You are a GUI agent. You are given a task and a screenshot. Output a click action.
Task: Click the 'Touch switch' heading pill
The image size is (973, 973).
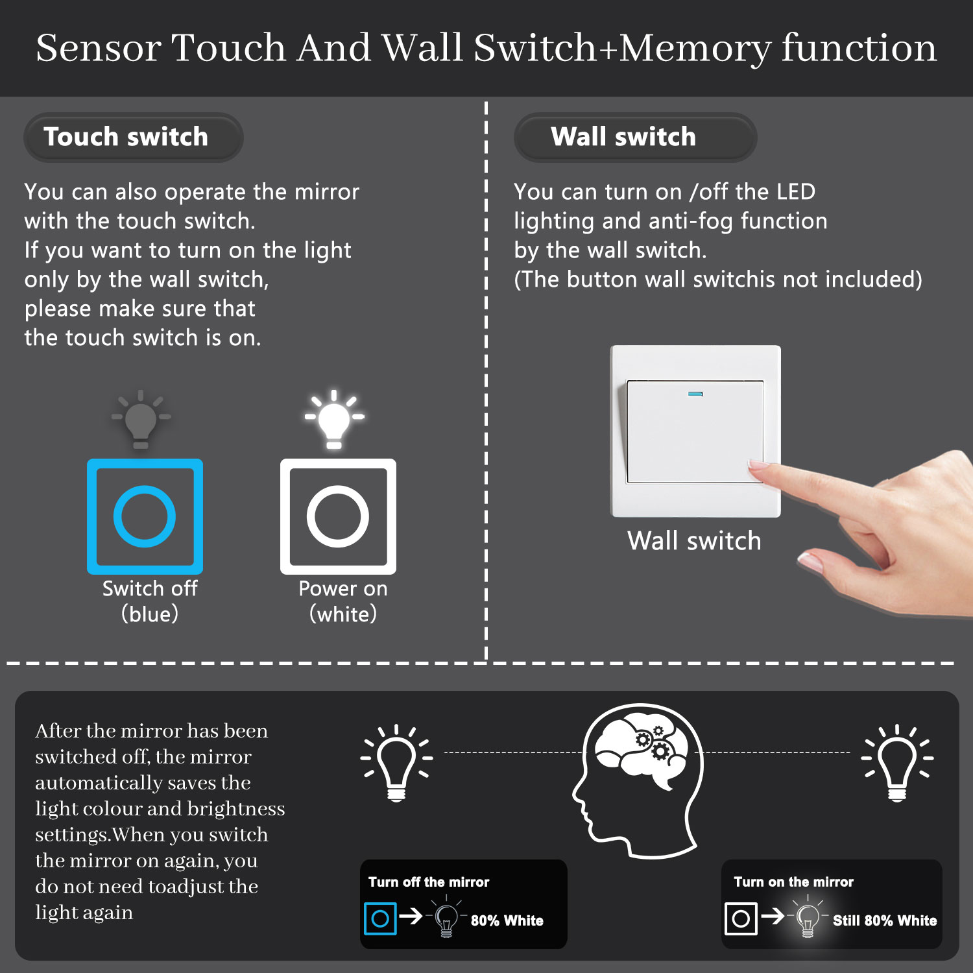point(133,138)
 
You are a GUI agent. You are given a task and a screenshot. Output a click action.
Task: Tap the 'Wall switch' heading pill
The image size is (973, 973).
point(635,138)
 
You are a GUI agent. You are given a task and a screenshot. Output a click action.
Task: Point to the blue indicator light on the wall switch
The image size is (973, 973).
point(695,394)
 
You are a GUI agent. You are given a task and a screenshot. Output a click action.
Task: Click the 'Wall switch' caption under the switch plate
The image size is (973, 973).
point(694,541)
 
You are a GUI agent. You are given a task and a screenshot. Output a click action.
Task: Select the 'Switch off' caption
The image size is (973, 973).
point(150,588)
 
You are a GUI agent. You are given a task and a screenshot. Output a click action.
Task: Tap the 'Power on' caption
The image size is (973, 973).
point(343,588)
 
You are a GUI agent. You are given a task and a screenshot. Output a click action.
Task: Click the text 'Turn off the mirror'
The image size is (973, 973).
point(429,882)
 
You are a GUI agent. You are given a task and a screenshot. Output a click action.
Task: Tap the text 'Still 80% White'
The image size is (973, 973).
point(885,920)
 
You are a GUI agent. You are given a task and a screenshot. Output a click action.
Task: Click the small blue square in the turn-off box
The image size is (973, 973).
point(366,919)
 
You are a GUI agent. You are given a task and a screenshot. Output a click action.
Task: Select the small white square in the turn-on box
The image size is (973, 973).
point(727,919)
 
